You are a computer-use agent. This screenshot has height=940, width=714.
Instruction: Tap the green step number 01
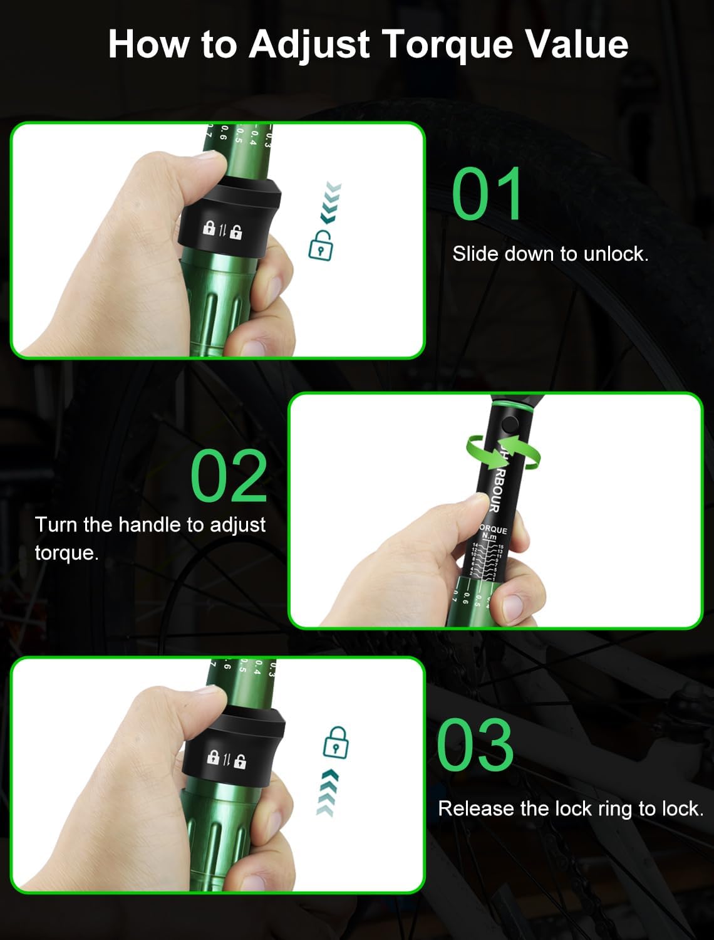click(487, 194)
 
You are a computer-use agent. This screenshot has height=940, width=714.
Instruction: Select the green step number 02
click(229, 476)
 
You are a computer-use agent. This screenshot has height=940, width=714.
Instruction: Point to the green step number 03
click(475, 746)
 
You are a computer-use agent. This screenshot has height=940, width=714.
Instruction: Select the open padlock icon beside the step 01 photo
click(321, 245)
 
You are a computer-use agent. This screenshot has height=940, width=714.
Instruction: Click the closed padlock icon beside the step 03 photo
click(336, 743)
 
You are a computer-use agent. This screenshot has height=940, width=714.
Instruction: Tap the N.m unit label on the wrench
click(489, 537)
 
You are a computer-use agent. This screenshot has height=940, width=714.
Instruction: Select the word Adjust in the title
click(309, 45)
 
